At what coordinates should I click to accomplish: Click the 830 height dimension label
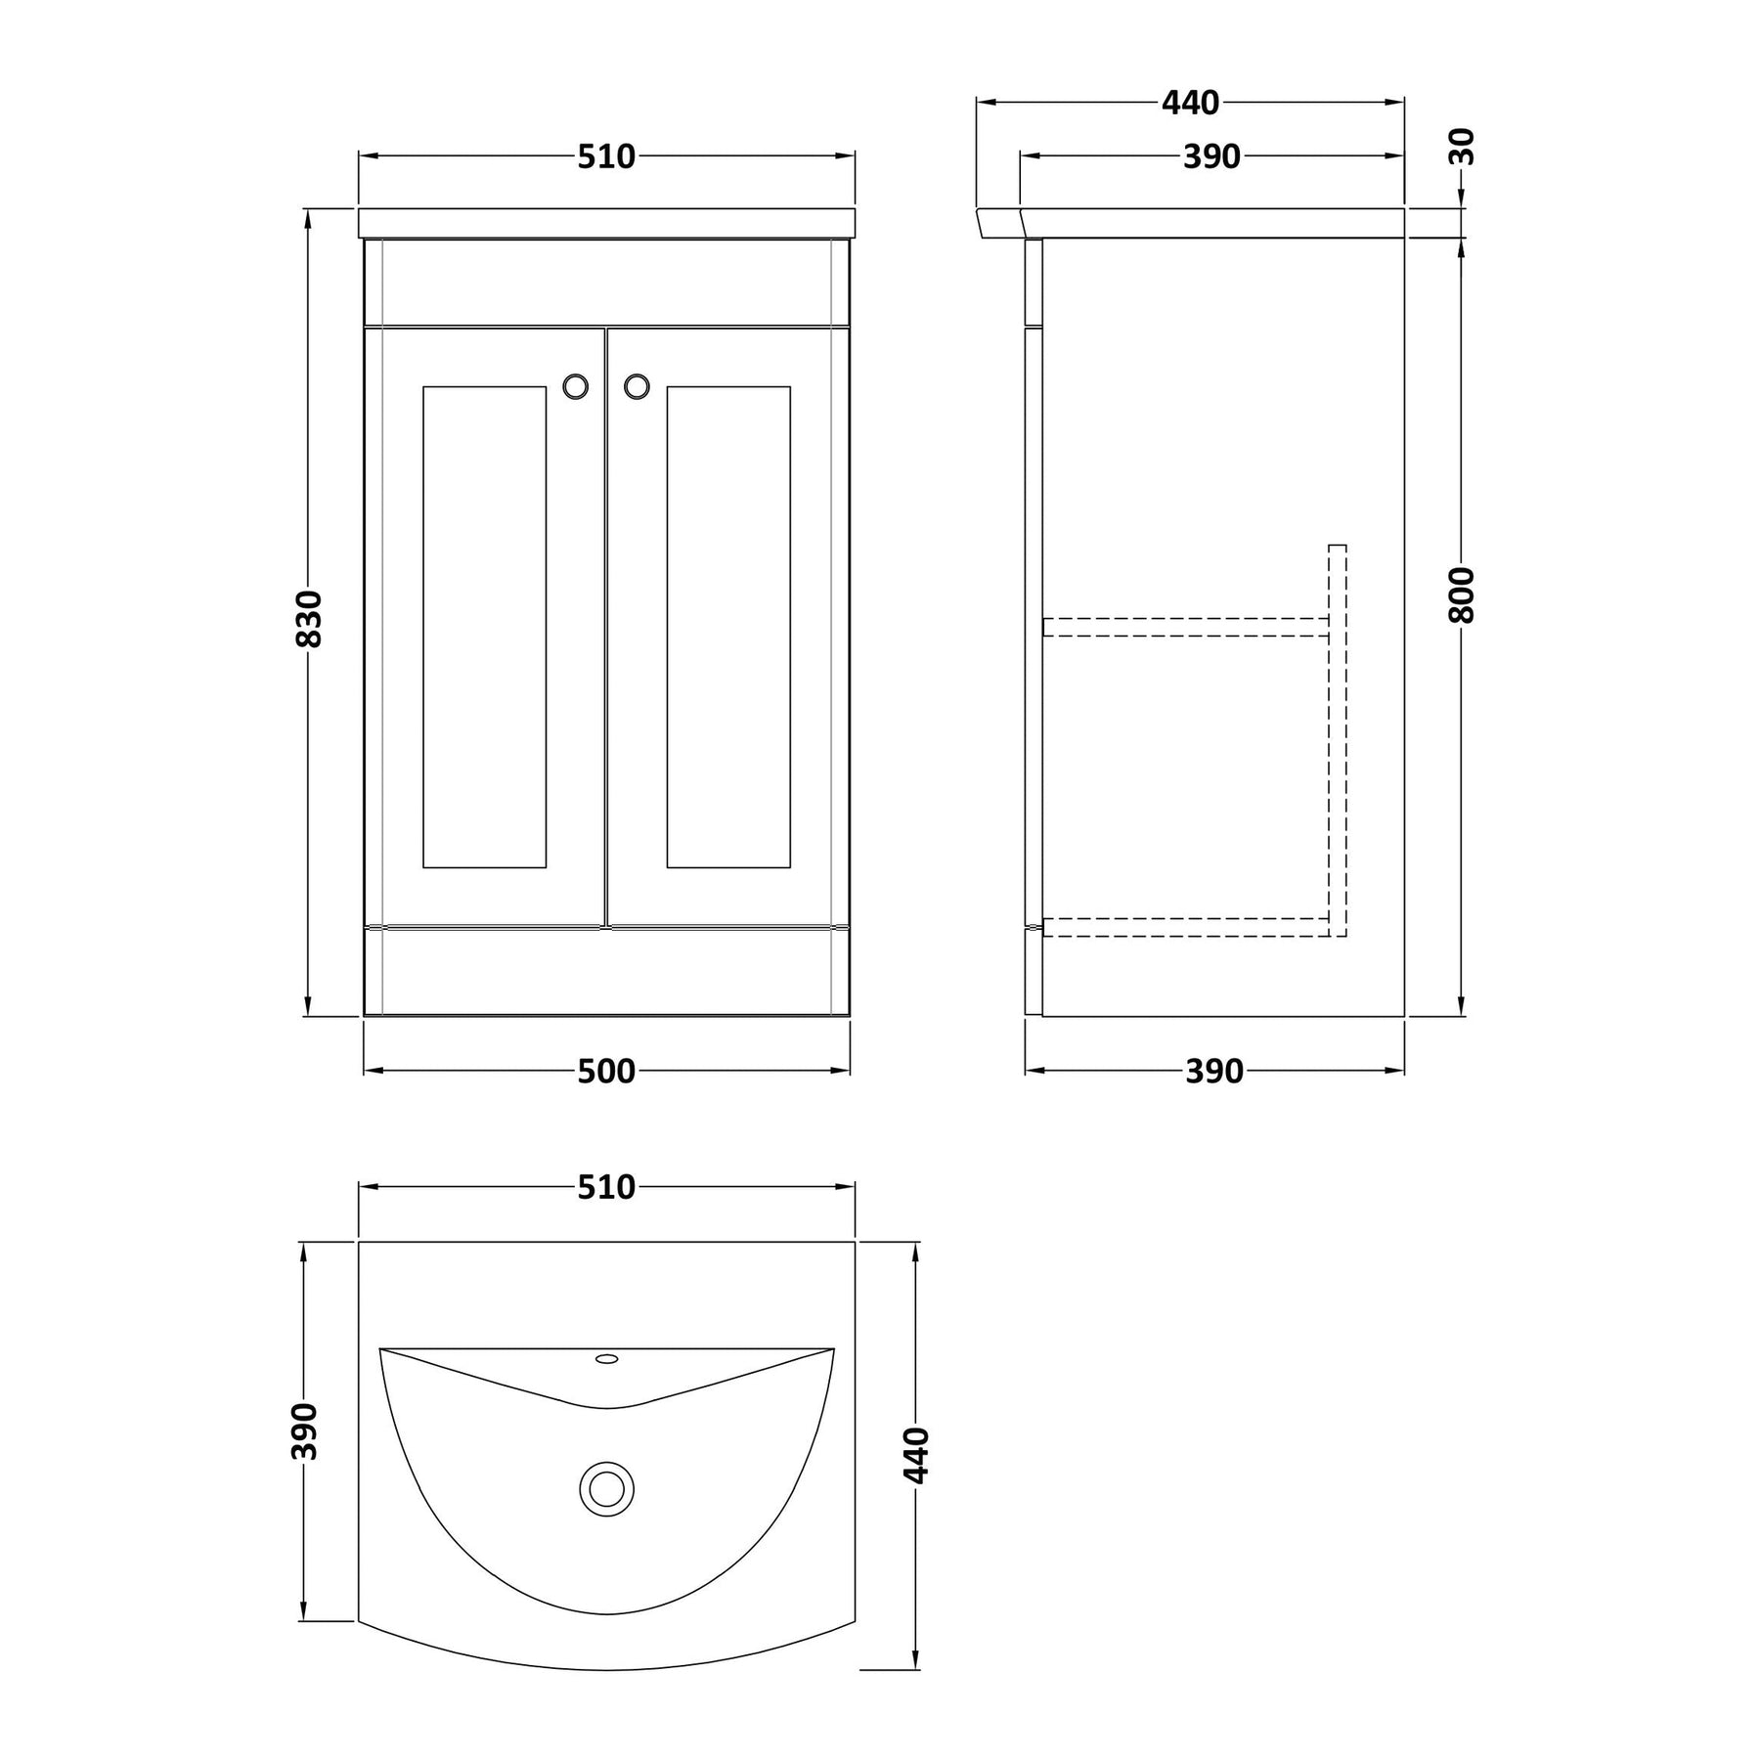[309, 618]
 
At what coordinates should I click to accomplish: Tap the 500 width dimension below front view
[606, 1072]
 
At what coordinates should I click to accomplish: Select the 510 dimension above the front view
[606, 156]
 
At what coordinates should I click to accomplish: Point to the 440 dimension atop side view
[1191, 102]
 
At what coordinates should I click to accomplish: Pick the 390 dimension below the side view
[1213, 1072]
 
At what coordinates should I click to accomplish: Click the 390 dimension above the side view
[1211, 156]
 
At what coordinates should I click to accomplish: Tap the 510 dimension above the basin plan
[606, 1187]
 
